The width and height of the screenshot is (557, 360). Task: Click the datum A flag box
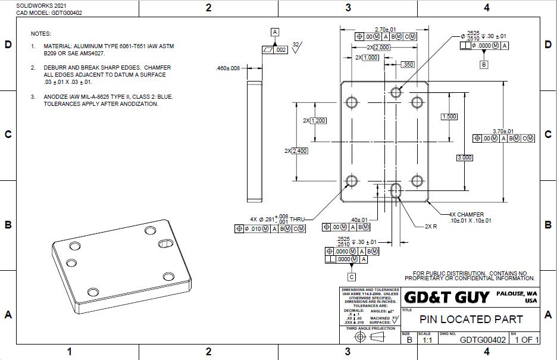tap(274, 32)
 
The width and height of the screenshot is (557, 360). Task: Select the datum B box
tap(483, 64)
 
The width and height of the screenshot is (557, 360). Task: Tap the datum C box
tap(352, 277)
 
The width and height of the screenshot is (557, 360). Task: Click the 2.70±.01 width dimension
tap(386, 29)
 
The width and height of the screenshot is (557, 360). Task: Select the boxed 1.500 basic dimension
tap(449, 117)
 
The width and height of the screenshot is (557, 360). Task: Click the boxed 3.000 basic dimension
tap(464, 158)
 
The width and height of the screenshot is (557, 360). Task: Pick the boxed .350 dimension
tap(408, 64)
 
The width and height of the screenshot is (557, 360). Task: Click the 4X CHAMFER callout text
tap(467, 214)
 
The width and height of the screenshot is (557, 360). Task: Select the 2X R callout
tap(431, 227)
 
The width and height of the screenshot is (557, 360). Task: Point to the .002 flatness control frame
tap(274, 51)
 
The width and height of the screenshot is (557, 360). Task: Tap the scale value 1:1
tap(427, 340)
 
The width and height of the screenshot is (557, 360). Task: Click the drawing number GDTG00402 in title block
tap(483, 340)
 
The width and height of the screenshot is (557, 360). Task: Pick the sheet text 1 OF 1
tap(527, 340)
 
